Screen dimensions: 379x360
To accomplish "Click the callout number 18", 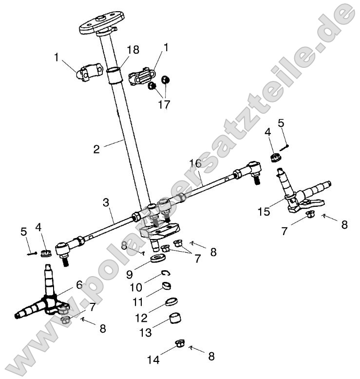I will [x=133, y=50].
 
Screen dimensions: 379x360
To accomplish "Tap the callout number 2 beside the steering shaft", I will [x=97, y=149].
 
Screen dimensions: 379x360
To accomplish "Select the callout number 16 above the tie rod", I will [x=195, y=162].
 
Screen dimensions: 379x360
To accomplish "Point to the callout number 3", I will [x=106, y=202].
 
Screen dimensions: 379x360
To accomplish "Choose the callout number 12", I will [x=141, y=318].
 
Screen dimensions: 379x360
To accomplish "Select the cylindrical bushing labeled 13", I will [x=176, y=320].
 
